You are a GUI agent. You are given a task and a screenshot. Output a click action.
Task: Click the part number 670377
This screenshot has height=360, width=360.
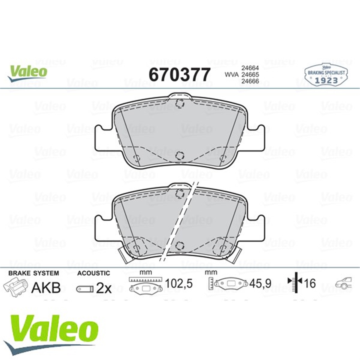pyautogui.click(x=179, y=75)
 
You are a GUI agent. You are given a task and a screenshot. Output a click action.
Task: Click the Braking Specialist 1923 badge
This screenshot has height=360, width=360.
pyautogui.click(x=326, y=74)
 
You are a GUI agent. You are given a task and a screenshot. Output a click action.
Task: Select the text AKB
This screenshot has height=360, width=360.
pyautogui.click(x=46, y=288)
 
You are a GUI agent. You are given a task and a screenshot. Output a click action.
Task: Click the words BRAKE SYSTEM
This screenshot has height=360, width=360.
pyautogui.click(x=34, y=273)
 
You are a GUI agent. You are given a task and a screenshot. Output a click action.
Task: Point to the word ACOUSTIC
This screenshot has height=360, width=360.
pyautogui.click(x=94, y=273)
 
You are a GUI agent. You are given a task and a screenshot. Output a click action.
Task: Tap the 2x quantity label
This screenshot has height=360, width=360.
pyautogui.click(x=104, y=289)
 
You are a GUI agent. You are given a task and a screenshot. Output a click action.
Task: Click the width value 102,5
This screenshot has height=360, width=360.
pyautogui.click(x=179, y=283)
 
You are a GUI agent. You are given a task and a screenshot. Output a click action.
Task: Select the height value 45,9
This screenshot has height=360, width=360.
pyautogui.click(x=261, y=283)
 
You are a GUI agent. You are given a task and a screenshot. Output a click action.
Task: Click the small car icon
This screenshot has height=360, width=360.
pyautogui.click(x=343, y=283)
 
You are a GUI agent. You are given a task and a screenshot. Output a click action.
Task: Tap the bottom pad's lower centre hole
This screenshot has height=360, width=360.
pyautogui.click(x=179, y=245)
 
